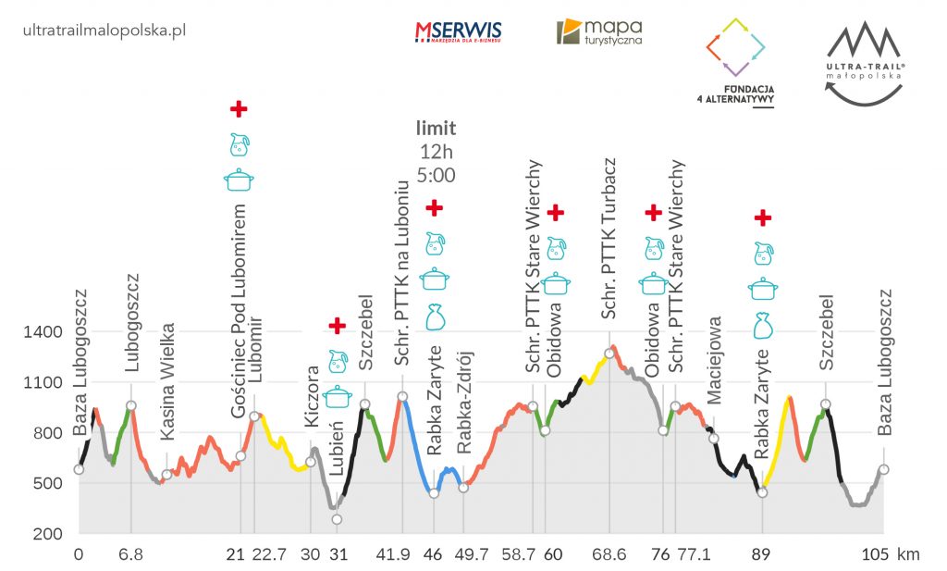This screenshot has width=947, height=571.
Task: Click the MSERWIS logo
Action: tap(460, 32)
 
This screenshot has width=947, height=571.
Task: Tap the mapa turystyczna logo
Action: tap(599, 32)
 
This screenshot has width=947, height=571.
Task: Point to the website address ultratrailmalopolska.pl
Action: tap(103, 30)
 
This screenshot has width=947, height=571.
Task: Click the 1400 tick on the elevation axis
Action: tap(43, 332)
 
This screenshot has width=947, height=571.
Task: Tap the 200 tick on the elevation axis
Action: tap(48, 534)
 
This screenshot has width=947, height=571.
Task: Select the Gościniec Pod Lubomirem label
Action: tap(240, 311)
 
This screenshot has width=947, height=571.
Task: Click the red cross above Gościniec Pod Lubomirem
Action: tap(239, 108)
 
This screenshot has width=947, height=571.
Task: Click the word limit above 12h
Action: tap(436, 129)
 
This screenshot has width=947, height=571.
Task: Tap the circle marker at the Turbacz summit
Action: tap(609, 353)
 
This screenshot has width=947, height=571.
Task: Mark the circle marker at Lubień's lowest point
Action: tap(338, 519)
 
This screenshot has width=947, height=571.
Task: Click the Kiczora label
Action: tap(312, 397)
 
